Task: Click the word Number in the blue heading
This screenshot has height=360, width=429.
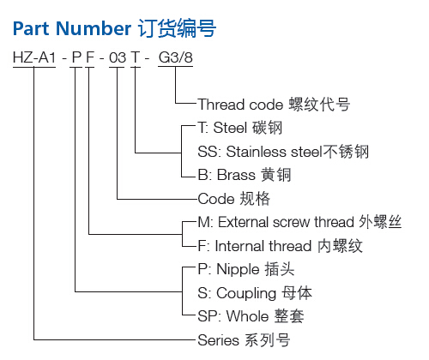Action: pyautogui.click(x=94, y=28)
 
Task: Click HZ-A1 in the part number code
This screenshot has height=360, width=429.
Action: pyautogui.click(x=34, y=57)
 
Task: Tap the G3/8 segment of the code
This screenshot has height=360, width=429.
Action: pyautogui.click(x=176, y=57)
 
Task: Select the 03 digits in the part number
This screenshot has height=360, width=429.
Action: pyautogui.click(x=118, y=57)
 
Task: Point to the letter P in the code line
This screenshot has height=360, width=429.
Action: pyautogui.click(x=76, y=57)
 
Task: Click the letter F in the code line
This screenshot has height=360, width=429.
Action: pyautogui.click(x=90, y=57)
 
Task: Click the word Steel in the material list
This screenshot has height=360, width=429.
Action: pyautogui.click(x=230, y=128)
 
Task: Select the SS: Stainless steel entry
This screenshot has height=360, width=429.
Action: pyautogui.click(x=260, y=151)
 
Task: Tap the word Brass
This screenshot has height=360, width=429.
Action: pyautogui.click(x=236, y=175)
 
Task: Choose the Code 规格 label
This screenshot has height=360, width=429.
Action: pyautogui.click(x=233, y=199)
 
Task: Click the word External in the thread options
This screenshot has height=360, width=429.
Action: pyautogui.click(x=244, y=222)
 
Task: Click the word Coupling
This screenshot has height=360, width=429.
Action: pyautogui.click(x=246, y=294)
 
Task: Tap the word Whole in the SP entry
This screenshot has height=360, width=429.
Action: pyautogui.click(x=248, y=316)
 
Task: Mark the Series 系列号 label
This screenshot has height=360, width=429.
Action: pyautogui.click(x=244, y=340)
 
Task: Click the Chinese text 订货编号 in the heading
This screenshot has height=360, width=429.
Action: pyautogui.click(x=177, y=28)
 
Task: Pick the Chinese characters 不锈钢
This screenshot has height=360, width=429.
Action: pyautogui.click(x=346, y=152)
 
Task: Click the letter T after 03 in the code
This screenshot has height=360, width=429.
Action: pyautogui.click(x=136, y=57)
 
